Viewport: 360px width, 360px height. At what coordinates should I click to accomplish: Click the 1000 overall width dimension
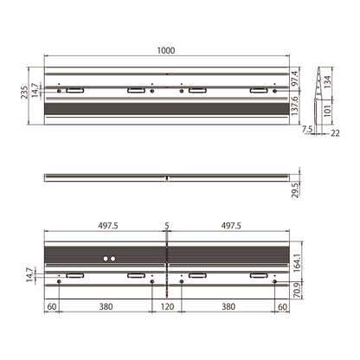[x=166, y=50]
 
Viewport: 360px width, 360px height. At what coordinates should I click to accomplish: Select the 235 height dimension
[x=24, y=92]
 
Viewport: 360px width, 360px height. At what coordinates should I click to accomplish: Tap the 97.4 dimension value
[x=294, y=79]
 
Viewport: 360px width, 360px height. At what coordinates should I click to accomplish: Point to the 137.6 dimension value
[x=294, y=106]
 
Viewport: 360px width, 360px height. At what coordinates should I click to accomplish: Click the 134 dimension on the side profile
[x=327, y=82]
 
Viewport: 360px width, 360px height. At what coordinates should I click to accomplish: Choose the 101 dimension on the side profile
[x=327, y=110]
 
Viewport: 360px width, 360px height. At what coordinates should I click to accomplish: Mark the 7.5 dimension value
[x=307, y=129]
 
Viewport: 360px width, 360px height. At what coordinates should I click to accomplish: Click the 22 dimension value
[x=335, y=133]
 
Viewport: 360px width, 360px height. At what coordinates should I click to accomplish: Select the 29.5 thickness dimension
[x=295, y=190]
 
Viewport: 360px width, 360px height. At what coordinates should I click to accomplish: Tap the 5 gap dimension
[x=167, y=226]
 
